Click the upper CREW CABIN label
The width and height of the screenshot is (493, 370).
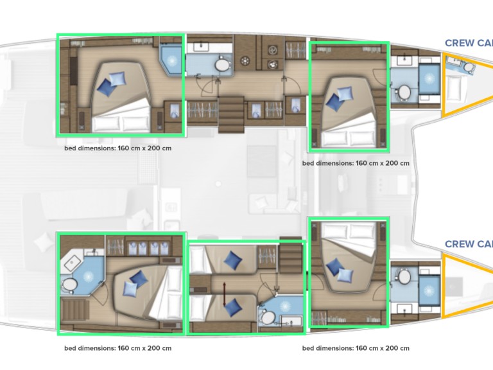click(x=469, y=44)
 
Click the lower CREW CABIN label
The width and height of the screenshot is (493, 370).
click(x=469, y=244)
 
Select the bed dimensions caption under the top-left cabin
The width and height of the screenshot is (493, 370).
click(x=117, y=148)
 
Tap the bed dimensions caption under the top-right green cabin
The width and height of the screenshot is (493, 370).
click(x=356, y=163)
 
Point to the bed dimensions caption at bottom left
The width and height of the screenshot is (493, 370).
click(x=117, y=349)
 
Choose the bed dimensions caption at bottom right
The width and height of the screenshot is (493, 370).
click(x=356, y=349)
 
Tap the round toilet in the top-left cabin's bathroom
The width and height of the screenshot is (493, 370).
click(x=221, y=65)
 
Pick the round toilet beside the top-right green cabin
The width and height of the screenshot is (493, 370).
click(x=404, y=92)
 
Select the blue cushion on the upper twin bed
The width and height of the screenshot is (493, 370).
click(x=232, y=260)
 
